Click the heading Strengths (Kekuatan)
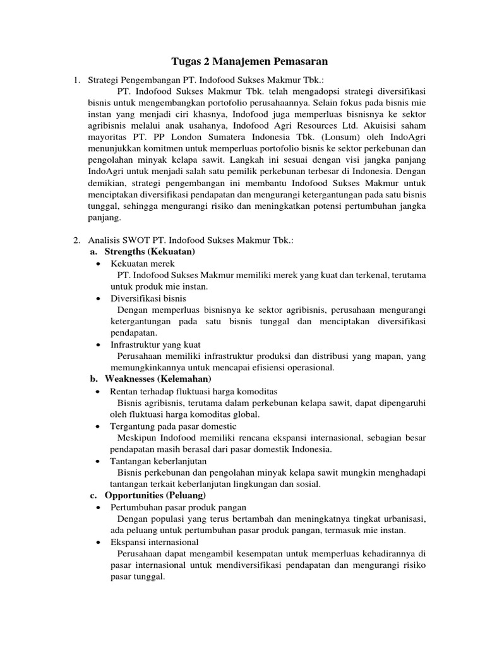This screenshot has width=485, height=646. point(150,251)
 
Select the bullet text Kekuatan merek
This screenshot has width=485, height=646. point(143,263)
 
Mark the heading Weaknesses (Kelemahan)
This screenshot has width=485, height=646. point(158,379)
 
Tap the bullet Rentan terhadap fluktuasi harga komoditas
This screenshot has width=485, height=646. point(194,391)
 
